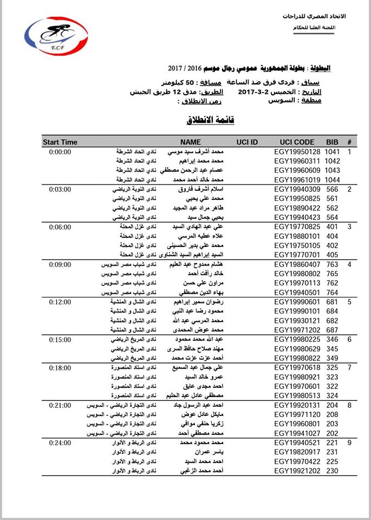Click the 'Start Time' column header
click(60, 142)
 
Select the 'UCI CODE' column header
click(297, 142)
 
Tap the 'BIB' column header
click(332, 142)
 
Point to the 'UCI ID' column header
click(247, 142)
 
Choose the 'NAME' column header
click(191, 142)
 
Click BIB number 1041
click(332, 152)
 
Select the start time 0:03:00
click(60, 189)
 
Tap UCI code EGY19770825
click(297, 226)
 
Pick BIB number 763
click(332, 264)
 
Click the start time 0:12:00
click(60, 301)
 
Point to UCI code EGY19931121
click(297, 320)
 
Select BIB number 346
click(332, 339)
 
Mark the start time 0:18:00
click(60, 367)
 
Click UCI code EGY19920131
click(297, 405)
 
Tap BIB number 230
click(332, 471)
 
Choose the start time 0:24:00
click(60, 443)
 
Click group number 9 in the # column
click(349, 443)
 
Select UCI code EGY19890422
click(297, 207)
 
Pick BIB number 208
click(332, 414)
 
